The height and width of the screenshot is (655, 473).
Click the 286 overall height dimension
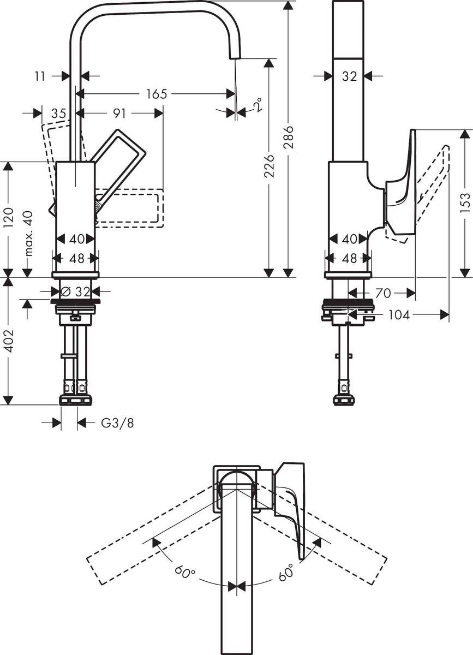coord(289,138)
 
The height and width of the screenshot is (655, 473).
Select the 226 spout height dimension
coord(268,165)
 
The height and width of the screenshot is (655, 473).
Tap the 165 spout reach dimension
coord(156,94)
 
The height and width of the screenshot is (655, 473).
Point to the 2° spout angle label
coord(256,105)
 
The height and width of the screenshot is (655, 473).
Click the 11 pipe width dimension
coord(40,76)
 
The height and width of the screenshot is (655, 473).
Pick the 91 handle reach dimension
coord(119,114)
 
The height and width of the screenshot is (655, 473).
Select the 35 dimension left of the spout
coord(58,114)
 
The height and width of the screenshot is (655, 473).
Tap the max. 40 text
coord(28,234)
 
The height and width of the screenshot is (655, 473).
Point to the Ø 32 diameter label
coord(77,292)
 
